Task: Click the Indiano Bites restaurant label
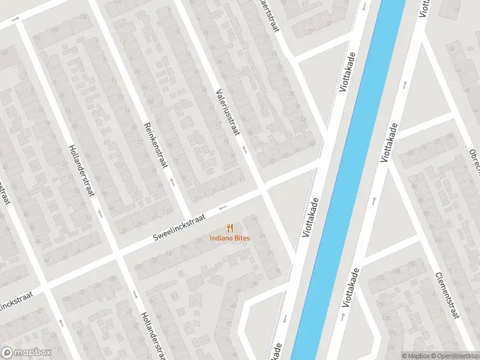(x=230, y=238)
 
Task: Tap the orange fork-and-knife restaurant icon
(x=230, y=228)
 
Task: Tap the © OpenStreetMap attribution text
(x=453, y=356)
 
